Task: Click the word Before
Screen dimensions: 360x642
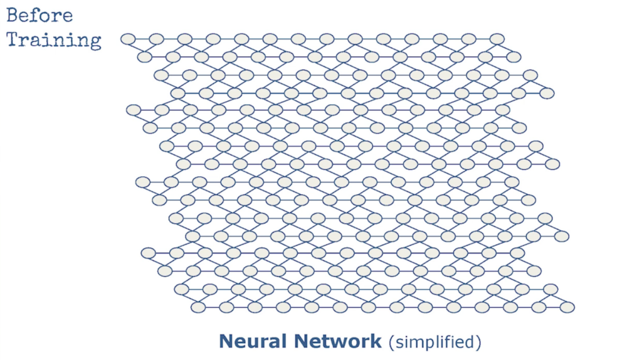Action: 39,15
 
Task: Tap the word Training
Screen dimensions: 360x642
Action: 54,40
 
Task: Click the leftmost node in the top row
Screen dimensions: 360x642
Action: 128,39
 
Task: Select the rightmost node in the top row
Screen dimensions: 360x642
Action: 497,39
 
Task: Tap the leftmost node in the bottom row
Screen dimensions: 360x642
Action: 198,307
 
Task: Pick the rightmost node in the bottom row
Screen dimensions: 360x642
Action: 567,307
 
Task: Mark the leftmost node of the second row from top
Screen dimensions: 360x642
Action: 144,57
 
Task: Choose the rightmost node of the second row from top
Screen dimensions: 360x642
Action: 513,57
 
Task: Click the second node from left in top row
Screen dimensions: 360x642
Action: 156,39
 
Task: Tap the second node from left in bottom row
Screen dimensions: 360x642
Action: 226,307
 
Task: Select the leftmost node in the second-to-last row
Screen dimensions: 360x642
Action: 181,289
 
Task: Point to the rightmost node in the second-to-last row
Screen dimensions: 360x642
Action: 550,289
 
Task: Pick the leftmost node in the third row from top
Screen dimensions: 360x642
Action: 161,75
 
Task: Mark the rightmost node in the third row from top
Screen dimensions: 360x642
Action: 530,75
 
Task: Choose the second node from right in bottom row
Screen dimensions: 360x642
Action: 539,307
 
